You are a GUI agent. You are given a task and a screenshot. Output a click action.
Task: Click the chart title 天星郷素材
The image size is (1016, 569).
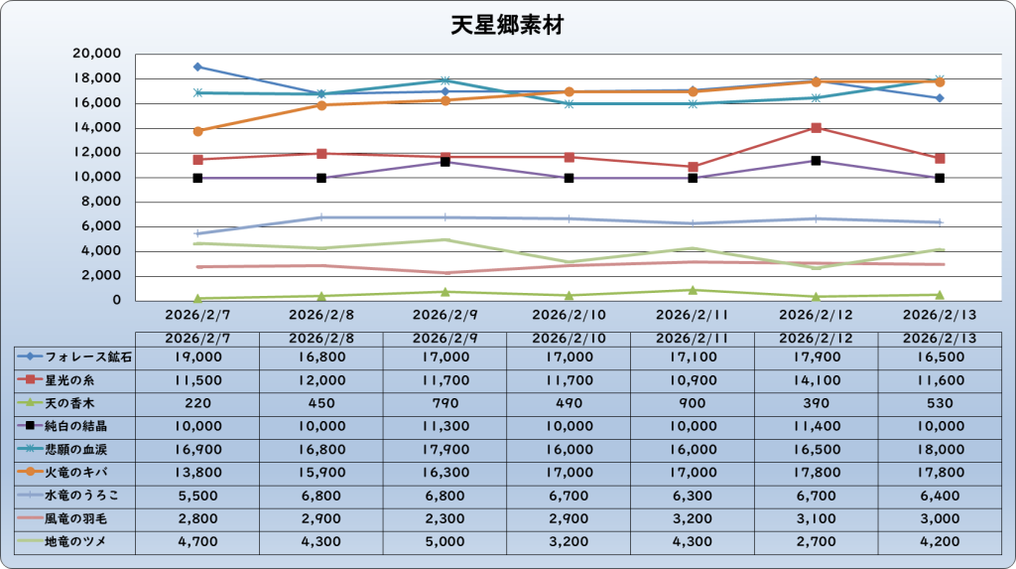click(x=507, y=25)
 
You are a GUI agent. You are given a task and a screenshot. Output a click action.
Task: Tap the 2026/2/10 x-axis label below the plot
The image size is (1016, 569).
click(x=569, y=314)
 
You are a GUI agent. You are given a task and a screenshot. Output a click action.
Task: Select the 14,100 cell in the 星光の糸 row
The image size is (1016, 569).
click(x=816, y=379)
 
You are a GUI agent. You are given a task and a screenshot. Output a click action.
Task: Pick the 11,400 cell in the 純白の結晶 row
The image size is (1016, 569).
click(x=816, y=426)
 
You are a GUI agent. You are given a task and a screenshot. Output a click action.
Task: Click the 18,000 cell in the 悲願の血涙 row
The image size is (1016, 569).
click(x=939, y=449)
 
